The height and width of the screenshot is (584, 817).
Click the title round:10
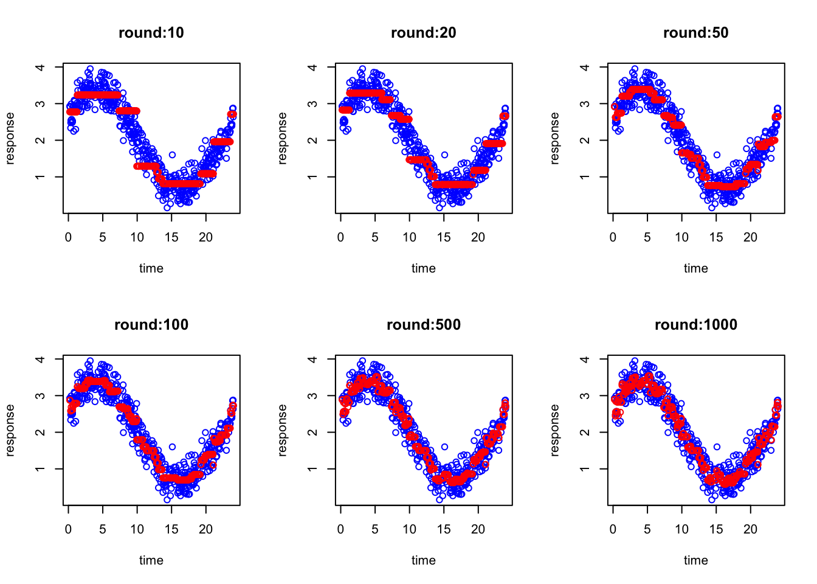coord(151,33)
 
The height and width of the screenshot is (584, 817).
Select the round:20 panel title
coord(423,33)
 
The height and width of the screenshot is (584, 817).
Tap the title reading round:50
coord(695,33)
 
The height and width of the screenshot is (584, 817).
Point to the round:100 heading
coord(151,325)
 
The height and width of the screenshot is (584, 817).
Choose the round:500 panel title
coord(423,325)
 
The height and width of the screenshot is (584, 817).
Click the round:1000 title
coord(695,325)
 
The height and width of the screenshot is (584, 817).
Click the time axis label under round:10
coord(151,268)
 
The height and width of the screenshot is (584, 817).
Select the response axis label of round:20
coord(282,138)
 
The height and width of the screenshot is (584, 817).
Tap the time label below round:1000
coord(695,560)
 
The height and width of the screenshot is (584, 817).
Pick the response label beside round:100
coord(10,430)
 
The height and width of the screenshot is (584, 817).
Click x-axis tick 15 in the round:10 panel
coord(171,237)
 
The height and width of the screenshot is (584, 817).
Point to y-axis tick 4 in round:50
coord(585,67)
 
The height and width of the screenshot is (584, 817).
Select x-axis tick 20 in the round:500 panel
coord(478,529)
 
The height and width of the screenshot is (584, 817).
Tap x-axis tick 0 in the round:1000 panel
coord(613,529)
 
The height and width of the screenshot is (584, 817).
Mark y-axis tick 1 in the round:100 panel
coord(40,469)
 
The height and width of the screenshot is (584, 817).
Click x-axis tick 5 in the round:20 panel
coord(375,237)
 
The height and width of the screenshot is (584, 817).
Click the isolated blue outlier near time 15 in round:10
coord(172,155)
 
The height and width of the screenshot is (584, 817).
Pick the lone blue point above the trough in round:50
coord(717,155)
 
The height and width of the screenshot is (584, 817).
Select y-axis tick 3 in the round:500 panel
coord(312,396)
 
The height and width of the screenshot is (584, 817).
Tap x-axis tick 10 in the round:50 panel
coord(681,237)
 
